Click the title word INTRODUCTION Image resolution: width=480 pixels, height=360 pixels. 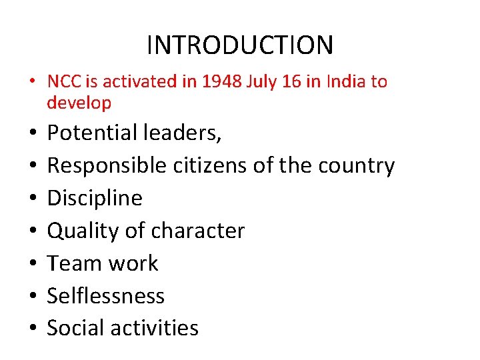point(239,45)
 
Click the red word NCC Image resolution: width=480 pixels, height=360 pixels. point(63,82)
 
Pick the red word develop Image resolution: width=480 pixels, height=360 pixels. point(79,103)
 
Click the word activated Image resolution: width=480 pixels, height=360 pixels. point(135,82)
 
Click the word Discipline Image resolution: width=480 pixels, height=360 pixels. point(95,198)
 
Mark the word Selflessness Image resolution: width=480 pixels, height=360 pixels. point(105,295)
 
